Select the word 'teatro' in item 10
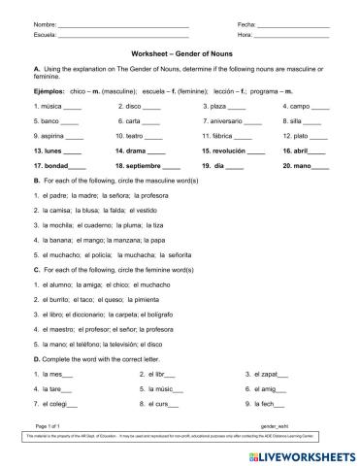pyautogui.click(x=141, y=137)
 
